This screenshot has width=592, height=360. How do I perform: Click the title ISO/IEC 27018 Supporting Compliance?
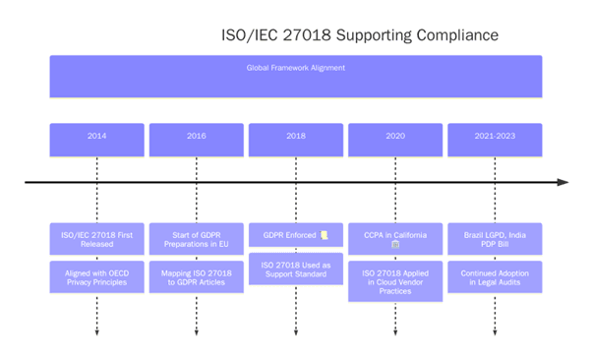point(359,35)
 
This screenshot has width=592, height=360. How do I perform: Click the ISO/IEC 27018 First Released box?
point(96,239)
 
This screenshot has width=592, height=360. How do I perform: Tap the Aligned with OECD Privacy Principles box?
point(96,276)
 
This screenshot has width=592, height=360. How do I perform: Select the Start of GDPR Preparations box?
point(196,239)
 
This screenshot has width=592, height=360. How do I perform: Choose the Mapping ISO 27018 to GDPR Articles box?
point(196,276)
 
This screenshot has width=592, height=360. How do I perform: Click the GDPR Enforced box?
point(295,236)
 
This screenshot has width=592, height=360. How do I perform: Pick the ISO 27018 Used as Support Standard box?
point(295,269)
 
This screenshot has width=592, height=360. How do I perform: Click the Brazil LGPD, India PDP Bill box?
point(495,239)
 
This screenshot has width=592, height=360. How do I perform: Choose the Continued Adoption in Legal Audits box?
point(495,276)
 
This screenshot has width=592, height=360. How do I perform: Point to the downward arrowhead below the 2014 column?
point(96,332)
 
